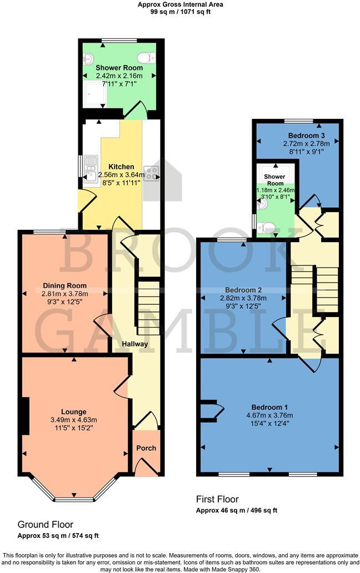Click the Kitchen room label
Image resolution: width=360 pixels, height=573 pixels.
tap(121, 167)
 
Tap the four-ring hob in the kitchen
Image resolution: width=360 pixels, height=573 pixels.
tap(151, 173)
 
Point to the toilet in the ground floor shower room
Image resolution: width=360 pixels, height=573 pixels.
tap(147, 57)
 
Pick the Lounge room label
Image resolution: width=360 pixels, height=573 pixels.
tap(73, 411)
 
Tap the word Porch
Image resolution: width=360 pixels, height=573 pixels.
tap(146, 448)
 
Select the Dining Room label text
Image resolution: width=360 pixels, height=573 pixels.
tap(62, 286)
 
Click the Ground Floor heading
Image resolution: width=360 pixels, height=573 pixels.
tap(46, 524)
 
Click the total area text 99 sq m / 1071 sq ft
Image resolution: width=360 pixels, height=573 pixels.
tap(180, 11)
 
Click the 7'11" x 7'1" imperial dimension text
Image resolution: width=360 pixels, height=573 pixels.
tap(119, 84)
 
